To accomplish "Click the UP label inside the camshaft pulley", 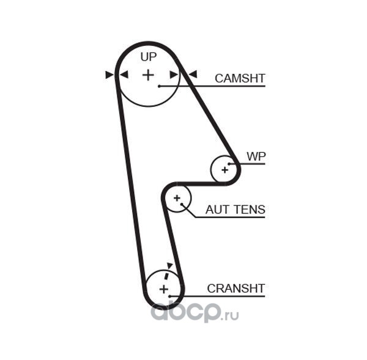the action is [x=149, y=57].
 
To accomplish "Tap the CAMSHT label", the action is [x=240, y=78].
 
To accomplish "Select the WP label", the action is [x=256, y=156].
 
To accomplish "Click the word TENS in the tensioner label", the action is [x=250, y=210].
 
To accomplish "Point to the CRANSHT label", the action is [x=236, y=288].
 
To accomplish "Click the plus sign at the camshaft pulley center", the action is [x=148, y=75].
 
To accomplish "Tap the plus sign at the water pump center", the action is [x=224, y=170].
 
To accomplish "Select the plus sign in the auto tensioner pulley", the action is [x=177, y=198].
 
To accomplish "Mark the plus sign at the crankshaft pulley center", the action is [x=164, y=289].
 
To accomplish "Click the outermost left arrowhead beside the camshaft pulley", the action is [x=109, y=75].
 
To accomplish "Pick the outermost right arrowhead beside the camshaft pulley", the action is [x=193, y=75].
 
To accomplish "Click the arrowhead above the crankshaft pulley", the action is [x=169, y=265].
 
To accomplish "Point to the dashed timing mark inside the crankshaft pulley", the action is [x=166, y=275].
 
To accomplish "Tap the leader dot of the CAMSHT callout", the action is [x=159, y=86].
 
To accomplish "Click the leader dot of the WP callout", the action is [x=229, y=164].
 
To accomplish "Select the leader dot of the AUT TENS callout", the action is [x=182, y=204].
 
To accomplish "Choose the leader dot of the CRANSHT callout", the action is [x=169, y=296].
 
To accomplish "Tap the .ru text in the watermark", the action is [x=231, y=315].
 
